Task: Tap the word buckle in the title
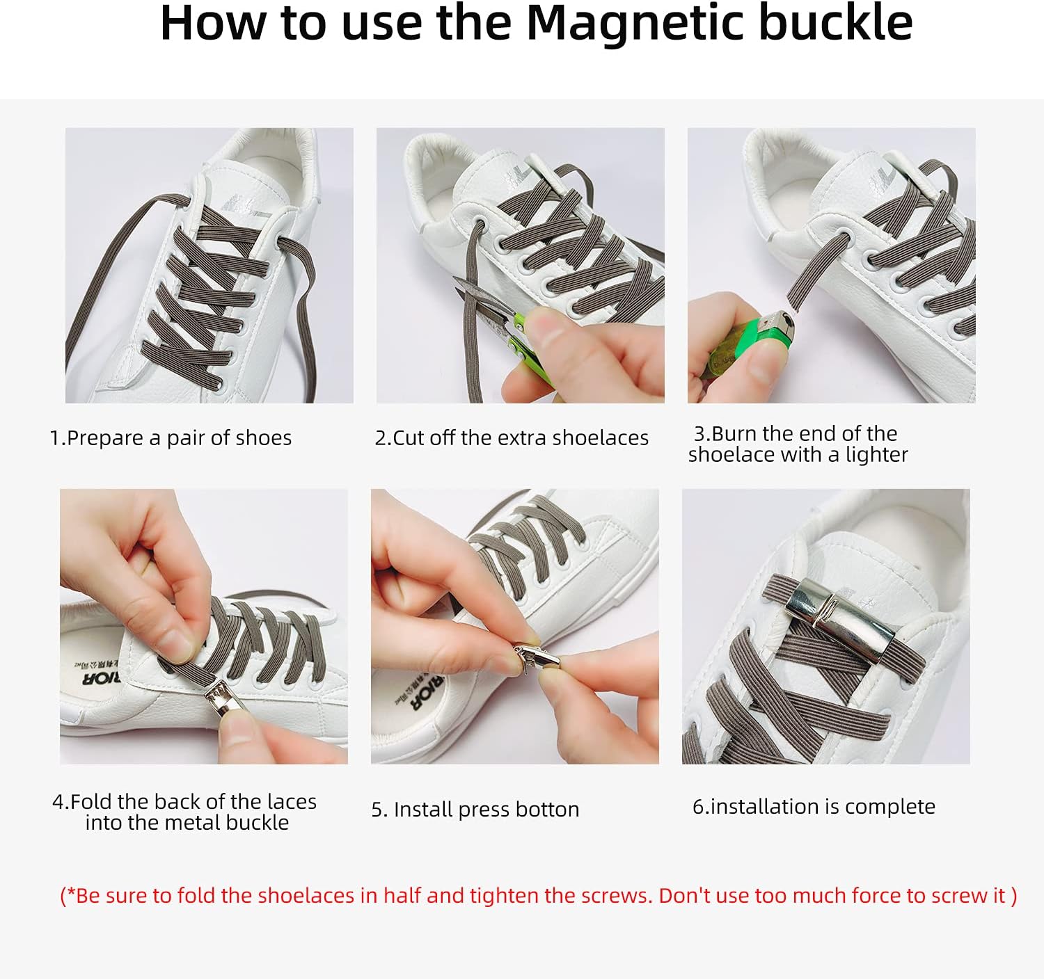(x=835, y=22)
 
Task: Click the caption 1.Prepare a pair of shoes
(x=171, y=438)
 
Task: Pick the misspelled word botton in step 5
(x=547, y=810)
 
